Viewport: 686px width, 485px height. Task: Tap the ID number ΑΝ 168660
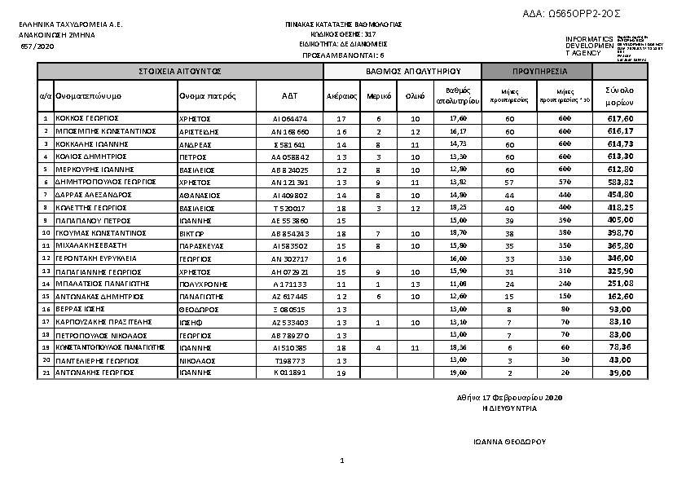point(290,131)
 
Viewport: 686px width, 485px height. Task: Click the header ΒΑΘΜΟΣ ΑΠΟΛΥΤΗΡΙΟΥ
point(402,72)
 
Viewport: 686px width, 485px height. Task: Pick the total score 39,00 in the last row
point(621,373)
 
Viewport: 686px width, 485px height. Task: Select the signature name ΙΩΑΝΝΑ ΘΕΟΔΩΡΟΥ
point(509,441)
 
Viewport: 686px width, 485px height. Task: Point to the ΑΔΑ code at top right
point(583,14)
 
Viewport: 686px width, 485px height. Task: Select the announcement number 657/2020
point(37,47)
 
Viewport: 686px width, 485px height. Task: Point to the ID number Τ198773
point(290,359)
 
